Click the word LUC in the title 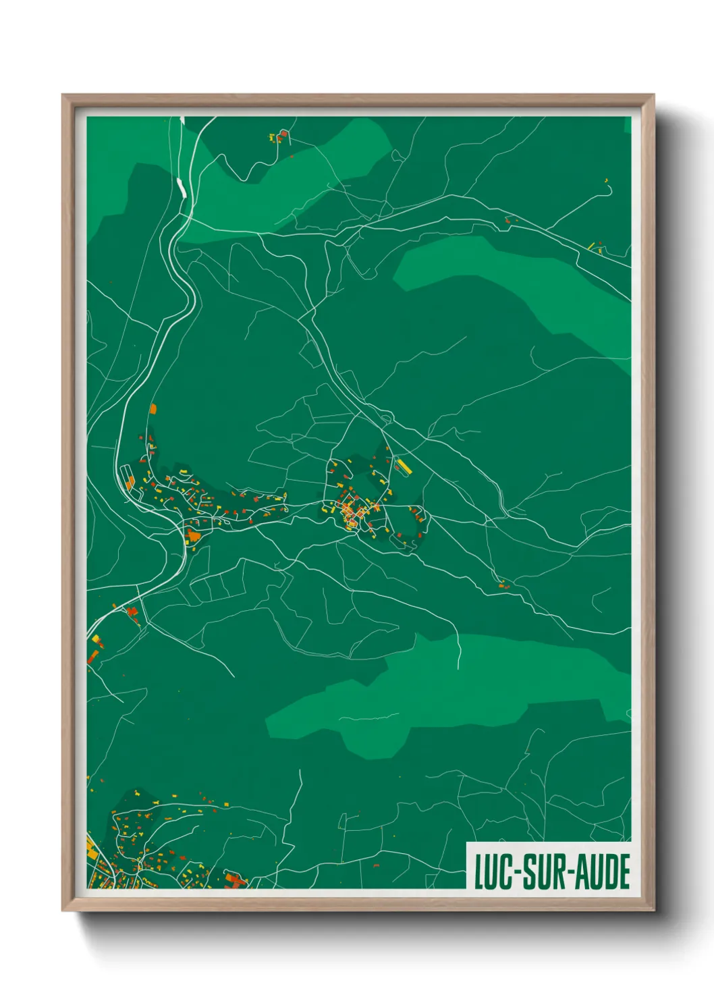click(493, 871)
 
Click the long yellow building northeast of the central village click(403, 465)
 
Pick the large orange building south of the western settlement click(194, 536)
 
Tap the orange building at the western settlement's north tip click(153, 408)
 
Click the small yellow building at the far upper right click(605, 180)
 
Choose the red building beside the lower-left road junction click(132, 612)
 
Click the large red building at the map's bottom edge click(234, 880)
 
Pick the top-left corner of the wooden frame click(63, 95)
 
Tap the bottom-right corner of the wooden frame click(653, 911)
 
